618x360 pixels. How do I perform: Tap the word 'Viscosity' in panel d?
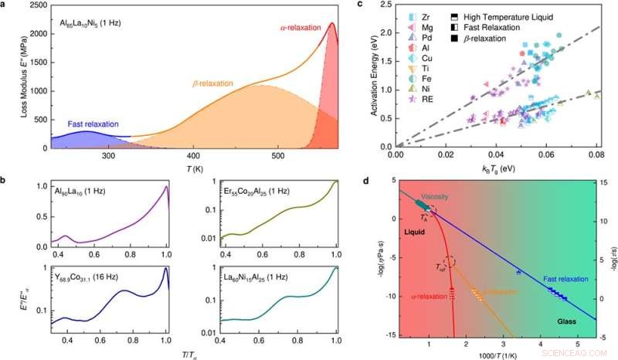436,196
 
